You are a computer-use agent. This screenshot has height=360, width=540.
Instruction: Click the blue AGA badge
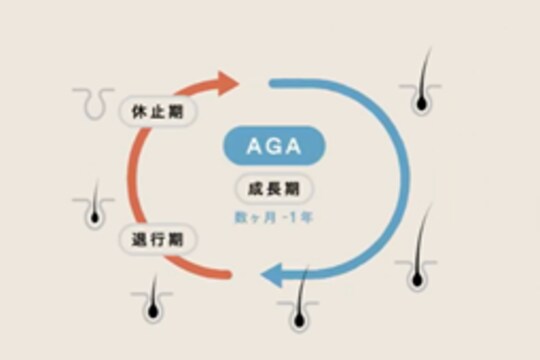point(270,145)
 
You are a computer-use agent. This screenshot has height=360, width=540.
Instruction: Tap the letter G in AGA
point(270,145)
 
